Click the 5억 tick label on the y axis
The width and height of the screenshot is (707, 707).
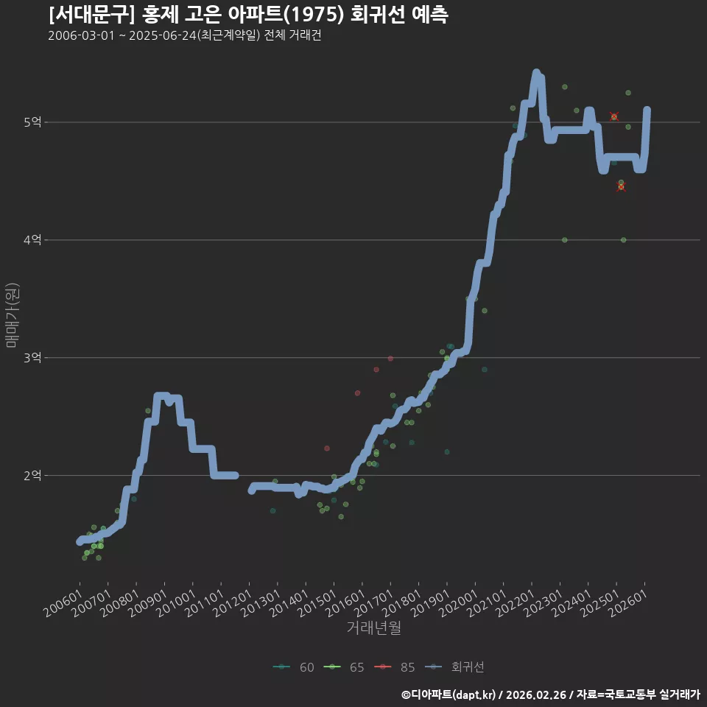click(32, 122)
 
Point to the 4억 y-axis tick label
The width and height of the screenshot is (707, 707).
click(32, 240)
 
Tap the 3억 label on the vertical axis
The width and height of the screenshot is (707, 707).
click(32, 358)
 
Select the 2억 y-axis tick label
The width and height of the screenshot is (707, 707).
click(32, 475)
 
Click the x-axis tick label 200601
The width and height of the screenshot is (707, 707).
click(63, 603)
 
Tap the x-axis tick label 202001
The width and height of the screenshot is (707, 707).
click(459, 603)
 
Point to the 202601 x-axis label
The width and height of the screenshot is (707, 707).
click(628, 603)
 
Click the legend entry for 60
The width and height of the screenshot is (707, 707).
click(294, 667)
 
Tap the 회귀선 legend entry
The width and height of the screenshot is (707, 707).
click(454, 667)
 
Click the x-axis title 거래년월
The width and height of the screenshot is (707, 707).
click(374, 627)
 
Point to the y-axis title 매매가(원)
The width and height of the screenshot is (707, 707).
click(12, 315)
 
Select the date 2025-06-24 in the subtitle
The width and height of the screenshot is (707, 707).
click(163, 35)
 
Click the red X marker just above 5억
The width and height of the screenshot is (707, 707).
click(614, 116)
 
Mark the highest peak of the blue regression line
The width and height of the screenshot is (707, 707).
click(536, 72)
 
